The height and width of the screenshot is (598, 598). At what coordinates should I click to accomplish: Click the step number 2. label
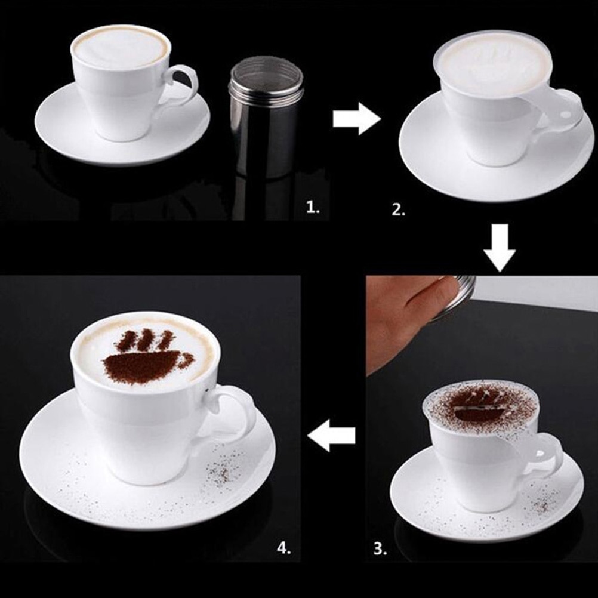[399, 209]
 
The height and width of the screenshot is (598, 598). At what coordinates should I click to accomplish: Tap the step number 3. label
[380, 547]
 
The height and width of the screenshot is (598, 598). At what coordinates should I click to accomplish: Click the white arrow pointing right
[356, 119]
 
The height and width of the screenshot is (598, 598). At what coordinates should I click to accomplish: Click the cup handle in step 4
[236, 412]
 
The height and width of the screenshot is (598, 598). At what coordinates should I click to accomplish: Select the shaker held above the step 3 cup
[460, 295]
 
